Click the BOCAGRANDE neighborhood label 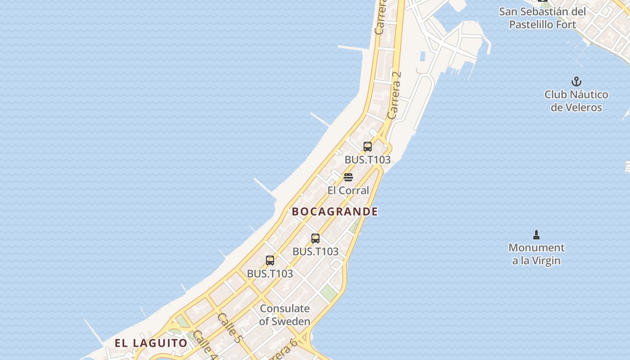(335, 211)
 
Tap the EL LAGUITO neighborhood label (151, 343)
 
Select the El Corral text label (348, 190)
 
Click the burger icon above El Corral (348, 177)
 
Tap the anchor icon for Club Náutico (576, 82)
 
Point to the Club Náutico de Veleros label (576, 101)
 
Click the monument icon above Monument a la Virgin (536, 234)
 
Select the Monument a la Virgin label (536, 254)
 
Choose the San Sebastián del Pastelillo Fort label (542, 18)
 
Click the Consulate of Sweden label (285, 315)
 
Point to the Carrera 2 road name (394, 95)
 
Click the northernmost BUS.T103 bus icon (368, 147)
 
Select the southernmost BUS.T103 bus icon (270, 260)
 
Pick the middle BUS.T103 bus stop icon (315, 238)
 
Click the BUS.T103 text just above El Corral (367, 160)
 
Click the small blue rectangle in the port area (423, 57)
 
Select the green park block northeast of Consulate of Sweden (329, 292)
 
